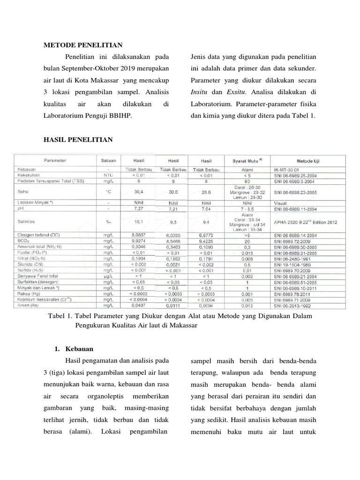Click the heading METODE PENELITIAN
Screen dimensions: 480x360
point(83,45)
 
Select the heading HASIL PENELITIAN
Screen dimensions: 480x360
point(78,140)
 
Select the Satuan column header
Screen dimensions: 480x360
point(108,160)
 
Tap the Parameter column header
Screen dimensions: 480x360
point(55,160)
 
